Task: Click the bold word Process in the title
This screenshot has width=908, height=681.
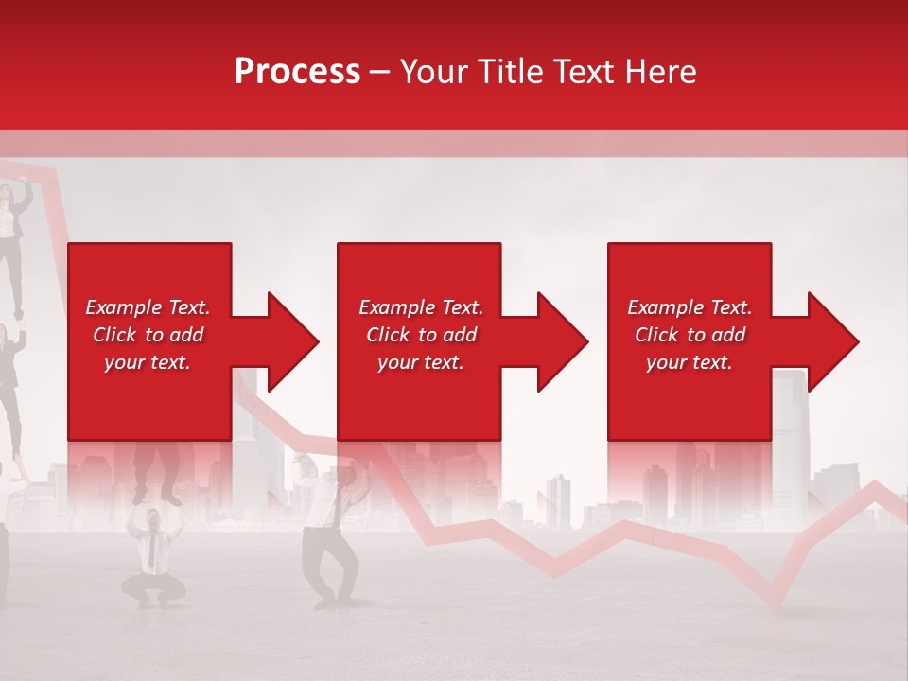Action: point(297,72)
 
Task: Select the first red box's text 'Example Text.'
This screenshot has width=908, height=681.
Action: point(148,307)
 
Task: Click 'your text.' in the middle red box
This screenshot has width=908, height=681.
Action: point(420,362)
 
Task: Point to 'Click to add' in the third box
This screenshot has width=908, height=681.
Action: point(690,335)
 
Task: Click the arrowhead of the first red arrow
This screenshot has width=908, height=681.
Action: point(292,341)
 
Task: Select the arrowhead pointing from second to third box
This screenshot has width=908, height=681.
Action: point(562,341)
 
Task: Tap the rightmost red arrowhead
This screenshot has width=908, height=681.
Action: point(832,341)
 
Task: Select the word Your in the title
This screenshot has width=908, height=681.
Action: point(432,72)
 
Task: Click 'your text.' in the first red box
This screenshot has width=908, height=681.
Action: point(148,362)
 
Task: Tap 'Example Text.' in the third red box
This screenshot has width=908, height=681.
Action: point(690,307)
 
